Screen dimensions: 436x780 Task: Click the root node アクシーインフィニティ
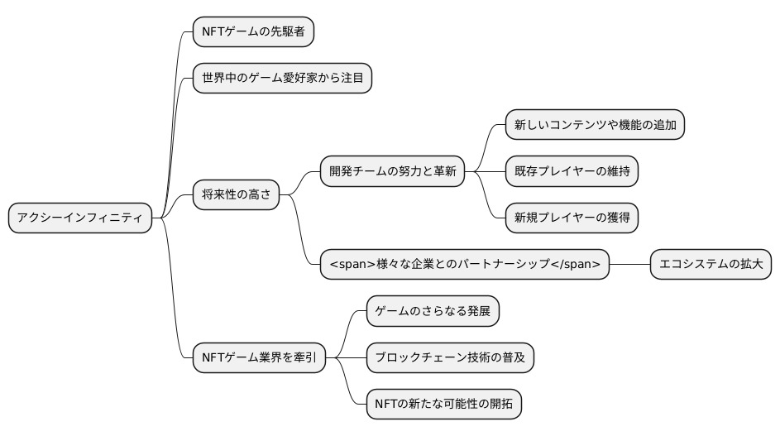[80, 218]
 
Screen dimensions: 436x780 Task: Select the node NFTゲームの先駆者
[253, 32]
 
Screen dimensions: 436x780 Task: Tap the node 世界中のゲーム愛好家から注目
[282, 79]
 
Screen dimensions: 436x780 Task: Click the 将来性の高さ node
[236, 195]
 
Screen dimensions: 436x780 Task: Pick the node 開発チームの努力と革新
[392, 172]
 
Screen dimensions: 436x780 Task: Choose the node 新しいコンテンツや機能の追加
[595, 126]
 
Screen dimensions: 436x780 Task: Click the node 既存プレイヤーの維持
[572, 172]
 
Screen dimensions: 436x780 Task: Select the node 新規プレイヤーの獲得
[572, 218]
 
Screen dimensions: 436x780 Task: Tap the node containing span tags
[465, 265]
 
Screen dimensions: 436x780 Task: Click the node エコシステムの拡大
[711, 265]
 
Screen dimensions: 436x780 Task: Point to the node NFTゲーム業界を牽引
[259, 357]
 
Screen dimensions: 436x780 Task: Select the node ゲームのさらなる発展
[433, 311]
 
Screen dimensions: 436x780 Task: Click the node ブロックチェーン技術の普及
[450, 357]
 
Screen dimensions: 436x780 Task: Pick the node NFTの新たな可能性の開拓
[443, 404]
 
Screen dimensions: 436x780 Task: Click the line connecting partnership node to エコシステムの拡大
[629, 265]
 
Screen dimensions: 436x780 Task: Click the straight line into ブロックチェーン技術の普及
[354, 357]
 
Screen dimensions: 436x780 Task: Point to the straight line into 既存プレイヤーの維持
[493, 172]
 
